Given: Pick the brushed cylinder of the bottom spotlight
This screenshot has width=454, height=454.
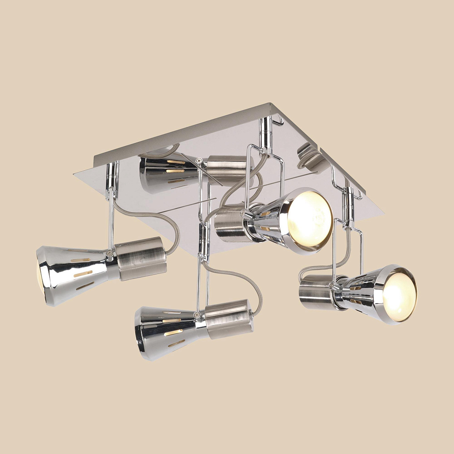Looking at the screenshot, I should [229, 318].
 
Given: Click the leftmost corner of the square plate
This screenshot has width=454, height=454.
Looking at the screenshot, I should [75, 173].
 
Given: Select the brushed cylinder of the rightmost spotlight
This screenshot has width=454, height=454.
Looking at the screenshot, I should [316, 290].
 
